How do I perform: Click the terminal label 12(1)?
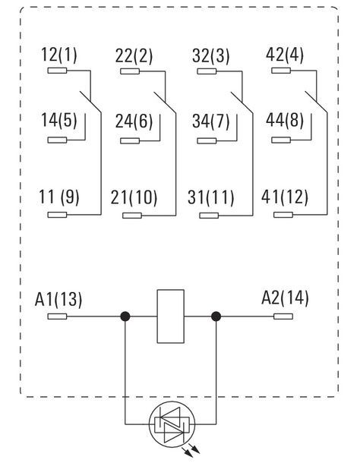click(58, 55)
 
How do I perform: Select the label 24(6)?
click(134, 121)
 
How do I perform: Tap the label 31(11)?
click(210, 197)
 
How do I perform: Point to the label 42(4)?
click(285, 55)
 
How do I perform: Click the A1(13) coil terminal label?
click(58, 299)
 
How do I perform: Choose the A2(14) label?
click(285, 298)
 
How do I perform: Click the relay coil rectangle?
click(171, 317)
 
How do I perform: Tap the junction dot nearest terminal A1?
click(125, 317)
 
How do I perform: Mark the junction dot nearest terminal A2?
click(216, 317)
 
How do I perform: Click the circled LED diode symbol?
click(172, 424)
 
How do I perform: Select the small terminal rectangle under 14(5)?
click(57, 140)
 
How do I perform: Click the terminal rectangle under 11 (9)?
click(57, 215)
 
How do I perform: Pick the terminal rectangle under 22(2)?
click(130, 71)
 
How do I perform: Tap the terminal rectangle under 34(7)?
click(207, 140)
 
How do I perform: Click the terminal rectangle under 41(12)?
click(283, 215)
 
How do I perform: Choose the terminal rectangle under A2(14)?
click(283, 317)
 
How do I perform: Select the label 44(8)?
click(285, 120)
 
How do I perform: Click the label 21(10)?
click(134, 197)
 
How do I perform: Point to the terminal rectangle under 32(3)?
click(207, 71)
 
